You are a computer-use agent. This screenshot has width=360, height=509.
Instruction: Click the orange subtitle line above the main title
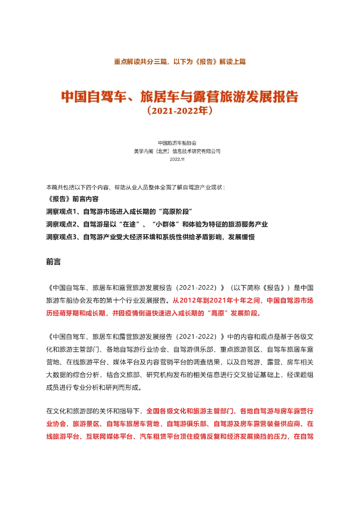[180, 62]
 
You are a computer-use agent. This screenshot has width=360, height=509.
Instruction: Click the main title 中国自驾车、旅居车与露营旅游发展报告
[180, 96]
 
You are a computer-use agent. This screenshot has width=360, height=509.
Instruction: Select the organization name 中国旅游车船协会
[180, 143]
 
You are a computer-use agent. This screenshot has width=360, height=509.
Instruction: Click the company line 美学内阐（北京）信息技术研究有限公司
[180, 151]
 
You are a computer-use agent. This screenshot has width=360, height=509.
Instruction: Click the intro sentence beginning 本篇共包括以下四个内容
[135, 187]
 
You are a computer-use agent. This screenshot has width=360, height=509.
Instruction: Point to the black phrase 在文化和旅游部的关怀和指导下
[94, 411]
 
